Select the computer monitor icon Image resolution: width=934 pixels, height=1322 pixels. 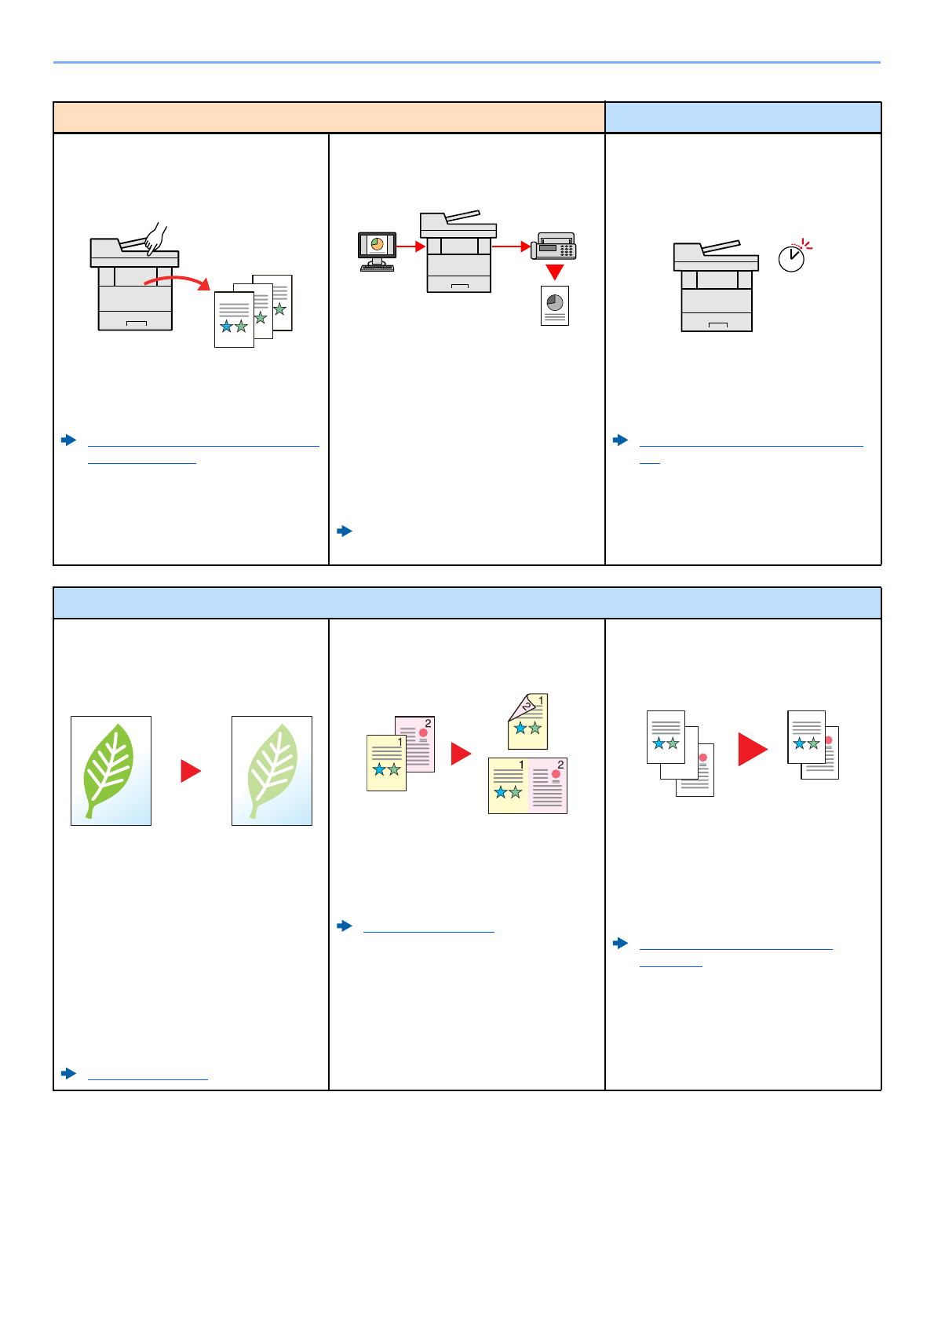(377, 250)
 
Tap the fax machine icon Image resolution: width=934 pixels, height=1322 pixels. (555, 246)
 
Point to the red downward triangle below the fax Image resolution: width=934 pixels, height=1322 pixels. (555, 272)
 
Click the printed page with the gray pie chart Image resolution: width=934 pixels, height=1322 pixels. (555, 305)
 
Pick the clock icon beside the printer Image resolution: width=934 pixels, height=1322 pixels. (793, 257)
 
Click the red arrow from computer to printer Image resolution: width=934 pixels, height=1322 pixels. (410, 247)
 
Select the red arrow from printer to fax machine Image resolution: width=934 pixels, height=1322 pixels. (512, 247)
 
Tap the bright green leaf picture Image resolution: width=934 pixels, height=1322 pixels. (111, 770)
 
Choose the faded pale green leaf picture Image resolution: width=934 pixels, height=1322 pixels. (272, 770)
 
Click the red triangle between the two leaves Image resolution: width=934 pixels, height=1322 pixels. (191, 770)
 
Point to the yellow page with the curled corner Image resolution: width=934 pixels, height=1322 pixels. (528, 721)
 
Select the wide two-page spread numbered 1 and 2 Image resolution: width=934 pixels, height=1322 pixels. (527, 785)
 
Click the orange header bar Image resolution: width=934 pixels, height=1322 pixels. (329, 118)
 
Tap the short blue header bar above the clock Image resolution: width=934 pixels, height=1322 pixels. (742, 118)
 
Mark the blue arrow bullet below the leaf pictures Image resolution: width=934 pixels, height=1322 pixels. (69, 1073)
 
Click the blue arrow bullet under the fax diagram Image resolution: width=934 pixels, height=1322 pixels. (345, 531)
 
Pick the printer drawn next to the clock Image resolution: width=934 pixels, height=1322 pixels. (715, 287)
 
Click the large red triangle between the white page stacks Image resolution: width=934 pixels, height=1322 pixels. (752, 749)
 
